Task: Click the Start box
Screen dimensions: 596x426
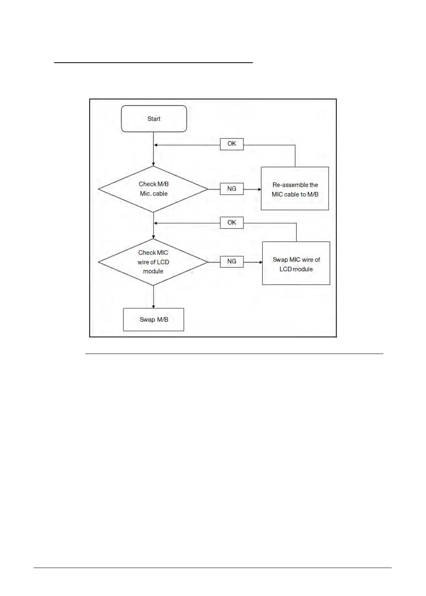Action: (x=154, y=119)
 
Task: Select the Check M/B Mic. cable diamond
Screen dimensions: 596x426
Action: (x=153, y=189)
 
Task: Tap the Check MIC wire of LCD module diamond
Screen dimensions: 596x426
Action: (x=153, y=262)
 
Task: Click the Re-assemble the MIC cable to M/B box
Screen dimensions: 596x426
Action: (x=295, y=189)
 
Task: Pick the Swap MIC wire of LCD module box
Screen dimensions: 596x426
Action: (x=296, y=263)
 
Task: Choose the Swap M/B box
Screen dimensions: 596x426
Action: (x=153, y=320)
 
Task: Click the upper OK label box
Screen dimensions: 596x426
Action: (x=232, y=144)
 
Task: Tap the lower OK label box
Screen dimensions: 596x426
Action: (x=232, y=223)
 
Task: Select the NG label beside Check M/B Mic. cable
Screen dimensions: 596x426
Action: (x=232, y=189)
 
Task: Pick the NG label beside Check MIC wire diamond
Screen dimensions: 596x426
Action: (x=232, y=261)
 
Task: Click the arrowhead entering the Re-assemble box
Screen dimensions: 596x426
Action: (x=259, y=189)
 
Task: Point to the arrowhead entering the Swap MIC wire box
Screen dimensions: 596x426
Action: (x=260, y=262)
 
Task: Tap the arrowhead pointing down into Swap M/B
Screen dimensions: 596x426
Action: (x=153, y=306)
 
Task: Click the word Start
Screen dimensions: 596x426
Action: (x=154, y=119)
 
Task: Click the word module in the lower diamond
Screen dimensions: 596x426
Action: (x=153, y=271)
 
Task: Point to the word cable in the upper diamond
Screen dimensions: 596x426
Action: (x=160, y=194)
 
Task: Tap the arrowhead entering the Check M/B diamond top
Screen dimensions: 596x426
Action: (x=153, y=164)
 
